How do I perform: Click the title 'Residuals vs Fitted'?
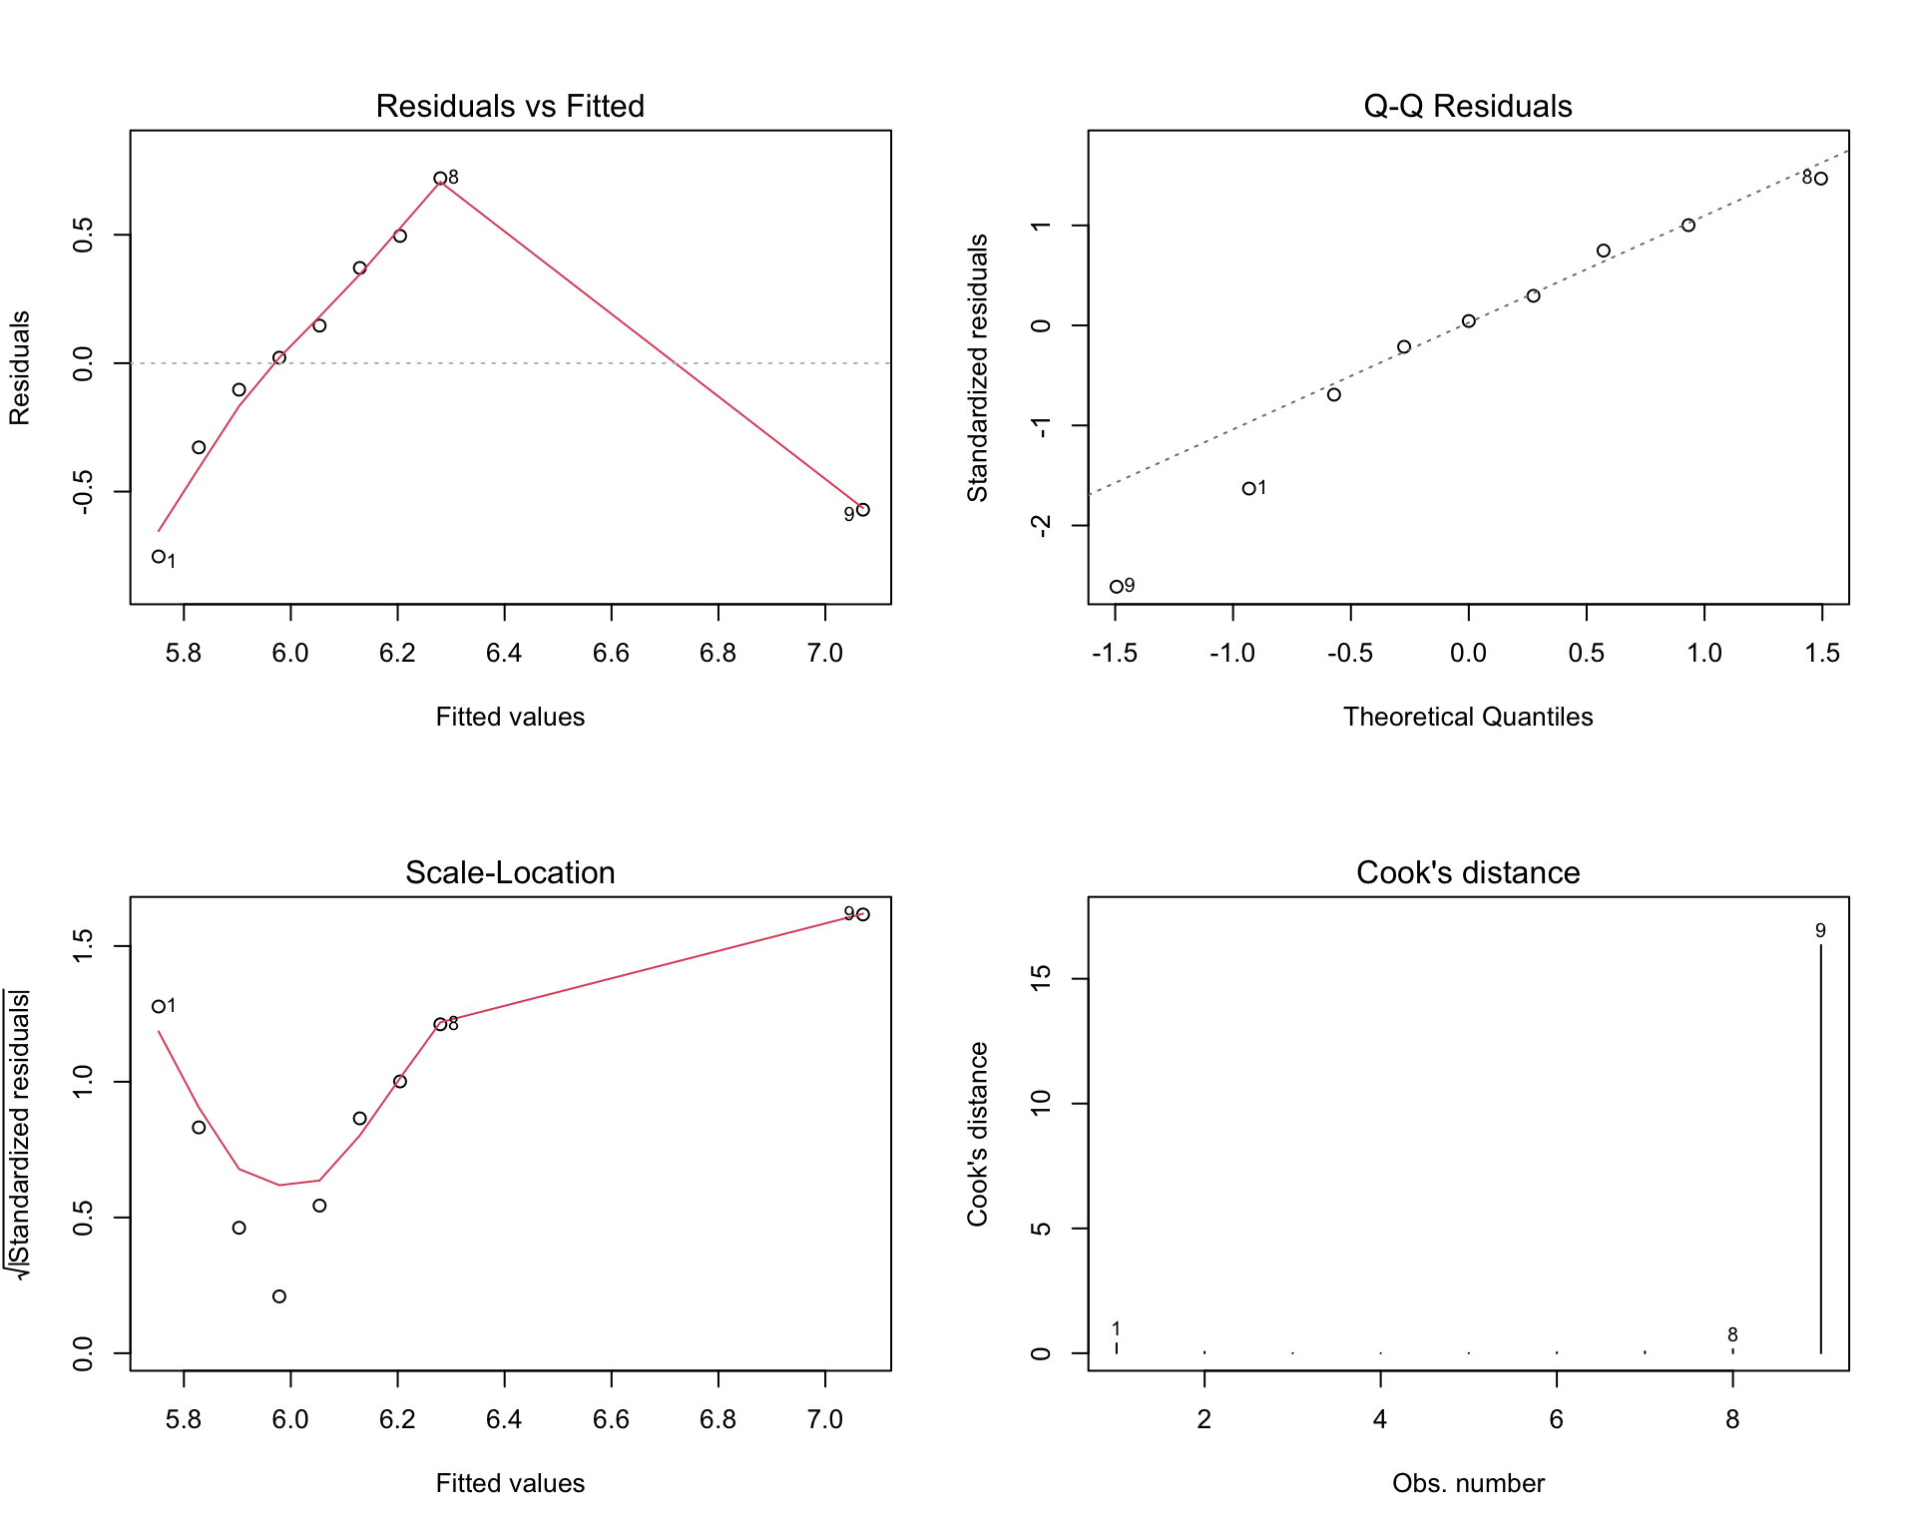pos(510,106)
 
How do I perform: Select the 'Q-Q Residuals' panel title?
pos(1468,106)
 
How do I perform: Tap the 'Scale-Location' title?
pos(510,872)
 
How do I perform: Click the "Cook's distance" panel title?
pos(1468,872)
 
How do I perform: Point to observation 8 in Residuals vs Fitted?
pos(440,179)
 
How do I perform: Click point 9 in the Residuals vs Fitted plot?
pos(863,510)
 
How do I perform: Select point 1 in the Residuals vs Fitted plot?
pos(159,557)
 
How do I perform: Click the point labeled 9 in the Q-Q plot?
pos(1117,587)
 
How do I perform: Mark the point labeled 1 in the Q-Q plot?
pos(1248,489)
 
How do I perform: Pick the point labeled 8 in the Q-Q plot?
pos(1821,179)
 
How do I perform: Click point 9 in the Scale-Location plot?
pos(863,914)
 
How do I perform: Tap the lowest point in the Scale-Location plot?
pos(279,1296)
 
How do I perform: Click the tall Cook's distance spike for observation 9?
pos(1821,1149)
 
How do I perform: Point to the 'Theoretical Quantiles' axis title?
pos(1468,717)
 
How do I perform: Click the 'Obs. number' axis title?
pos(1468,1483)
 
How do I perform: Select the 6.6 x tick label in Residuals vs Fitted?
pos(611,653)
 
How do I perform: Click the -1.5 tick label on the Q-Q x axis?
pos(1115,653)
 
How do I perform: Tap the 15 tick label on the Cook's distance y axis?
pos(1041,979)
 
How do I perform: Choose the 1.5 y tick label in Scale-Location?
pos(83,946)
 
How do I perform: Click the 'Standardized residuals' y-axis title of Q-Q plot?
pos(977,367)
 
